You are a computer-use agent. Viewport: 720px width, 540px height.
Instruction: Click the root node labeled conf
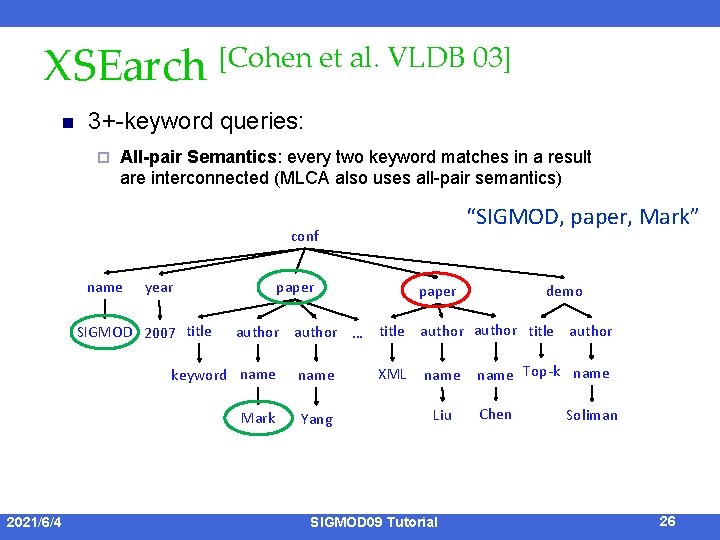tap(305, 236)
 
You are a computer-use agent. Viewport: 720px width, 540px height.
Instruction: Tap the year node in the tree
tap(159, 288)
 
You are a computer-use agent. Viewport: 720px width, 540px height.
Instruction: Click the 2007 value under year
tap(160, 333)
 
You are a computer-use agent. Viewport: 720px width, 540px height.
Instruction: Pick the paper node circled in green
tap(294, 288)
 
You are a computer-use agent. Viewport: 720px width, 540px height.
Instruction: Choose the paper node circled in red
tap(437, 291)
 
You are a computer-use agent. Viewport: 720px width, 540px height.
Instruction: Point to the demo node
tap(564, 291)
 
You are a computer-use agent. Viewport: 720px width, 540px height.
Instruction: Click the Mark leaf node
tap(258, 418)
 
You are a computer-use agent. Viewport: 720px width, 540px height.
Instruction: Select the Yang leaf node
tap(317, 419)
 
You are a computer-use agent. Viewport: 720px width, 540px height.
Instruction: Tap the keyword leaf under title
tap(198, 375)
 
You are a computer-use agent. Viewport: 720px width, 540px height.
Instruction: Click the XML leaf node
tap(392, 374)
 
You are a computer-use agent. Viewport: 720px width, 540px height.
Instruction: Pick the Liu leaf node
tap(442, 415)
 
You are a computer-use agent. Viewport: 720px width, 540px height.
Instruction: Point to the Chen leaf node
tap(495, 414)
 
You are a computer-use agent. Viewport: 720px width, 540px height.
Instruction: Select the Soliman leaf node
tap(592, 415)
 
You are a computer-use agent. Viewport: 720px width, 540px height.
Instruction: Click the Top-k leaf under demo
tap(541, 372)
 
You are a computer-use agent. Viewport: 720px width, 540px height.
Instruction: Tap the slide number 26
tap(668, 521)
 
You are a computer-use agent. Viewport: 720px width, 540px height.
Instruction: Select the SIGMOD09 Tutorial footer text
tap(374, 522)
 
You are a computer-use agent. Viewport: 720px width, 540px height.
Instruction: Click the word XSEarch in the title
tap(123, 67)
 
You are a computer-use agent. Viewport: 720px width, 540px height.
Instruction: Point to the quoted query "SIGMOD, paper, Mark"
tap(581, 217)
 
